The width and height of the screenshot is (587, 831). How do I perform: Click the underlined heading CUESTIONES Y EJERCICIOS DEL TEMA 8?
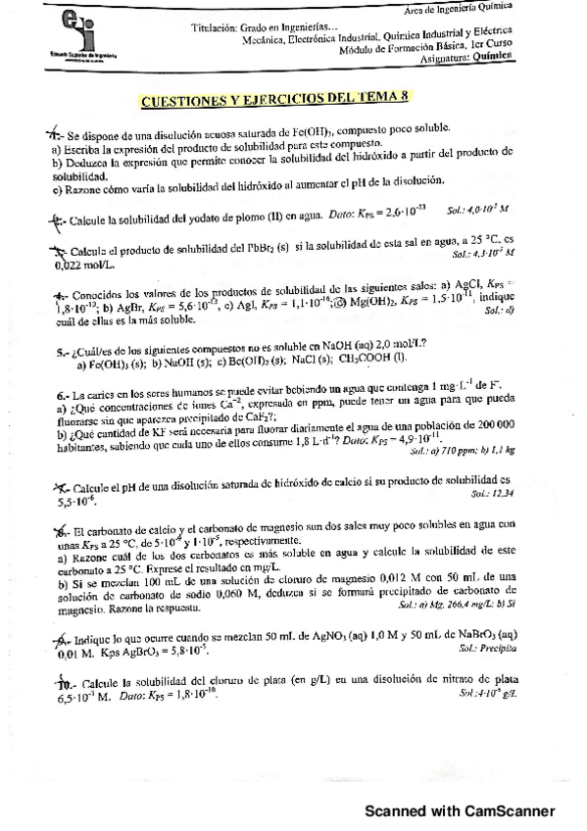(278, 98)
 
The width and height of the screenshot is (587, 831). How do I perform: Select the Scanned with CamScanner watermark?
(460, 810)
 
